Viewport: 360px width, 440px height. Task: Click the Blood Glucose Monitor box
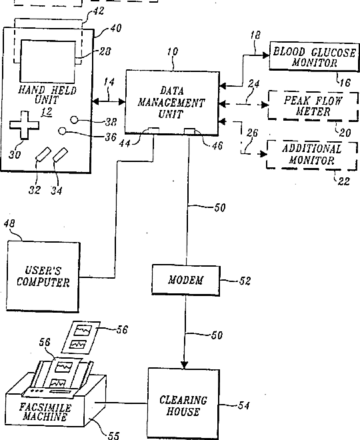[x=314, y=56]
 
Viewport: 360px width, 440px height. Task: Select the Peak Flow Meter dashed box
[x=313, y=106]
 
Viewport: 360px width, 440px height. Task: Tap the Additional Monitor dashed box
[x=312, y=155]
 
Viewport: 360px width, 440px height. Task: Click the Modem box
[x=186, y=280]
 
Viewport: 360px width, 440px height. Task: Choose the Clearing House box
[x=183, y=403]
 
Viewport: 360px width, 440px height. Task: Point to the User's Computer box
[x=43, y=277]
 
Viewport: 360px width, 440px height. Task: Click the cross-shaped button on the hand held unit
[x=24, y=125]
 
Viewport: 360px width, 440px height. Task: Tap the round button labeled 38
[x=74, y=120]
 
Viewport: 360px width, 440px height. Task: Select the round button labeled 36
[x=63, y=131]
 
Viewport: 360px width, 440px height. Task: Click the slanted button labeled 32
[x=43, y=155]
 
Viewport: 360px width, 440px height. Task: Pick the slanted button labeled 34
[x=60, y=155]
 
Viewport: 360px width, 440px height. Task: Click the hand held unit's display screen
[x=48, y=61]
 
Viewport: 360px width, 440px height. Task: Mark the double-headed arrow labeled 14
[x=109, y=101]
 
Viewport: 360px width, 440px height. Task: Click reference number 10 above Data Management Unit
[x=173, y=51]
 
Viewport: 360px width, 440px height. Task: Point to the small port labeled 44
[x=153, y=131]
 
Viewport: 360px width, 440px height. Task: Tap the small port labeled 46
[x=189, y=131]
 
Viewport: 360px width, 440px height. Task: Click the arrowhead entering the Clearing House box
[x=185, y=365]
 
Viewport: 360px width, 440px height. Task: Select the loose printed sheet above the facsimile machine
[x=81, y=337]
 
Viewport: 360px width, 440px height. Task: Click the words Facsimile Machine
[x=45, y=412]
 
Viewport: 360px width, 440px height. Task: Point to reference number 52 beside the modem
[x=245, y=281]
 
